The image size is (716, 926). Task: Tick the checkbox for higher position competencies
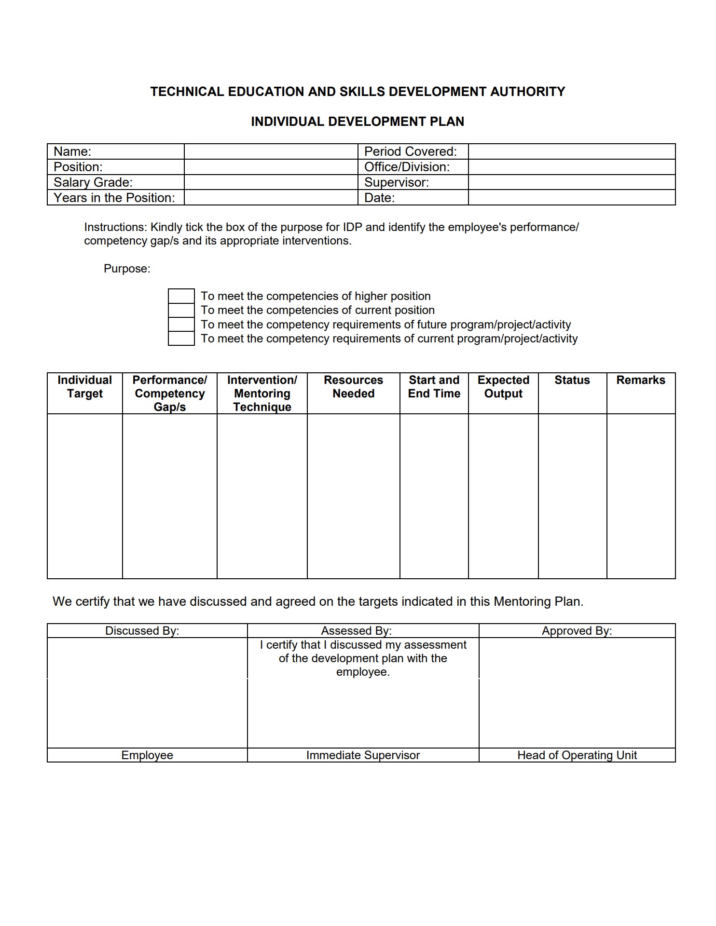click(181, 296)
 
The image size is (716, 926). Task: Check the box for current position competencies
click(181, 310)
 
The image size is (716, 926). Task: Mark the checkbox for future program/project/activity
click(181, 324)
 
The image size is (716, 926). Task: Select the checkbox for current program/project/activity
click(181, 338)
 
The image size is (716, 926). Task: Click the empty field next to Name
click(271, 151)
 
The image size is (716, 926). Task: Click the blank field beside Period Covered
click(571, 151)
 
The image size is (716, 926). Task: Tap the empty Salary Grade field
click(271, 182)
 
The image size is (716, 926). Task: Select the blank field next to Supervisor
click(571, 182)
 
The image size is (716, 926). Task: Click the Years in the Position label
click(114, 198)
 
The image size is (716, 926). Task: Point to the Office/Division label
click(407, 167)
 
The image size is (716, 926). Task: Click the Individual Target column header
click(85, 387)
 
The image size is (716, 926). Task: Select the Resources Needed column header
click(353, 387)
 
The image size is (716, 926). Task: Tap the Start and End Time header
click(434, 387)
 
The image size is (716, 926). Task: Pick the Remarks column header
click(640, 380)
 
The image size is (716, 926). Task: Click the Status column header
click(572, 380)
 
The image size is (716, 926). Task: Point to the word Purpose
click(127, 269)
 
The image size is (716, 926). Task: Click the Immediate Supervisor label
click(363, 755)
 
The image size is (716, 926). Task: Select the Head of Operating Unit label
click(577, 755)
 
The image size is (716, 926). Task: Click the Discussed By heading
click(142, 631)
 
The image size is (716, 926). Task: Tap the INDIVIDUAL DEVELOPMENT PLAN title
click(358, 122)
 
